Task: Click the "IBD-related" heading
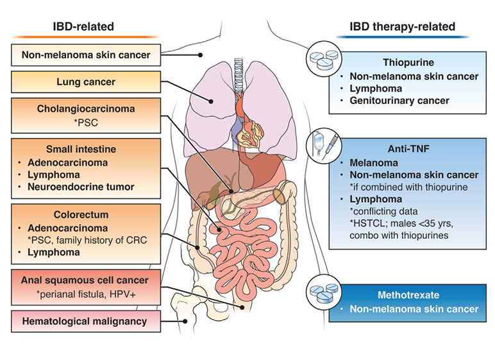point(83,26)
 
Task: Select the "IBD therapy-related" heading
point(403,26)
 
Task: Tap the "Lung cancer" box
point(86,82)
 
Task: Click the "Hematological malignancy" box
point(86,321)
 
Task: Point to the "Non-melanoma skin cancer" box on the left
point(86,55)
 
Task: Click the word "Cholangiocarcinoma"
point(86,108)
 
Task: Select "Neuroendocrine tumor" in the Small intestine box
point(81,187)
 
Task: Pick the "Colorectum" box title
point(81,214)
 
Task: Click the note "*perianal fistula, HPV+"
point(86,295)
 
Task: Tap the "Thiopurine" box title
point(408,63)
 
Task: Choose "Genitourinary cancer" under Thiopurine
point(399,101)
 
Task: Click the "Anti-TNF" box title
point(408,149)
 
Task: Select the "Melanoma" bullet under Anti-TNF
point(374,163)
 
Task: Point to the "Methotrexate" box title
point(408,295)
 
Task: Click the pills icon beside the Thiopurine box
point(324,59)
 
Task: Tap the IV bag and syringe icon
point(324,146)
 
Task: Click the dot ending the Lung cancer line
point(211,101)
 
